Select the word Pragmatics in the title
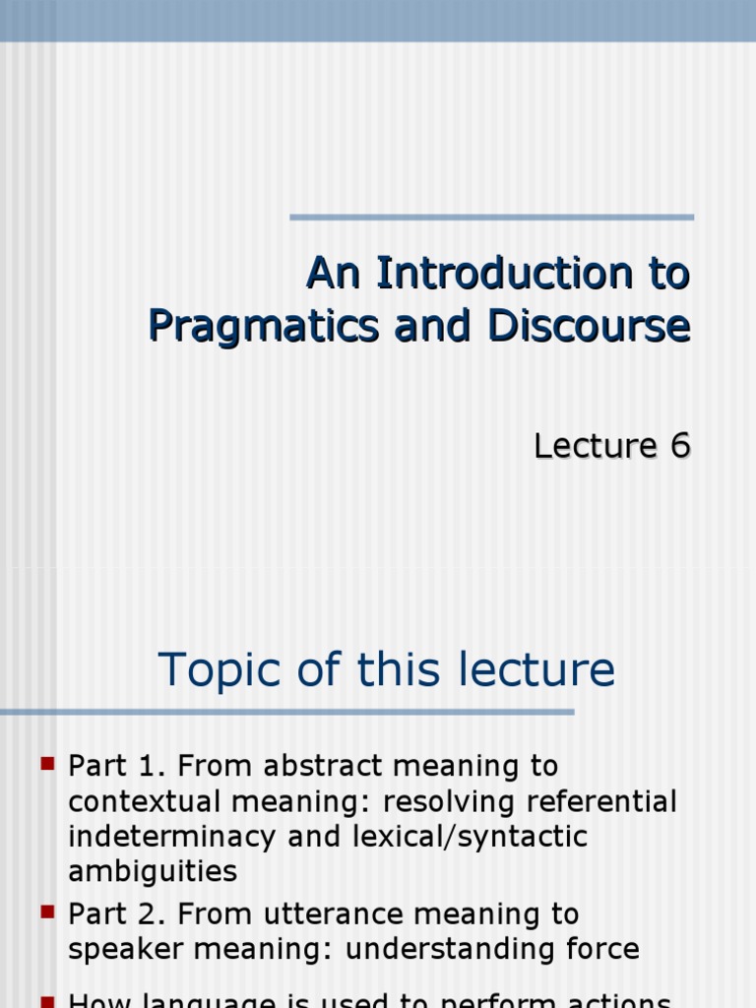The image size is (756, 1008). click(263, 326)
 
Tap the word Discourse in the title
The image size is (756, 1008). click(604, 326)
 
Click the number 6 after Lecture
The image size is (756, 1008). click(679, 446)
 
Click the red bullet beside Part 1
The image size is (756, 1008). click(47, 763)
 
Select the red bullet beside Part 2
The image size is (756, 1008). click(47, 913)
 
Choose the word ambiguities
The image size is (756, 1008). click(153, 872)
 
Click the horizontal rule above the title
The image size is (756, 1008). click(491, 218)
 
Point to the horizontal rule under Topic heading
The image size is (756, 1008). click(285, 712)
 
